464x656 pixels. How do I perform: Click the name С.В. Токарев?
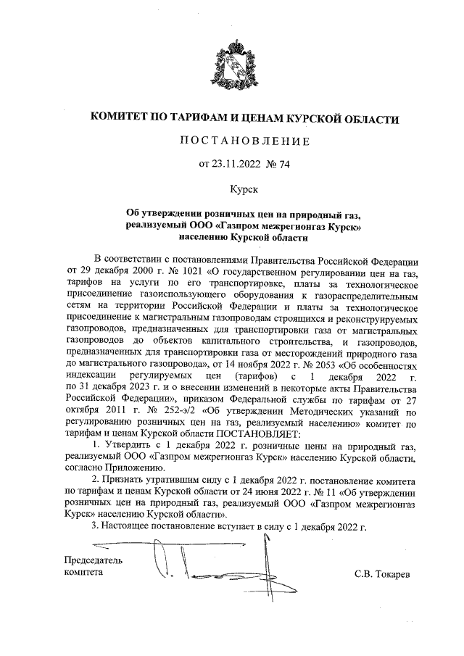click(382, 574)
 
